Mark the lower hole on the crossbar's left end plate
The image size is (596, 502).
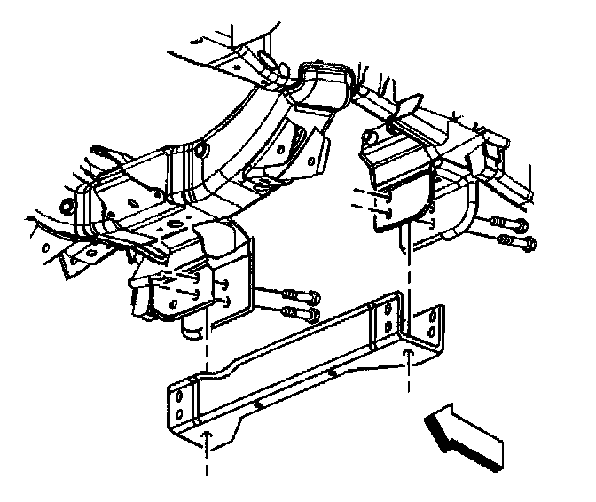(180, 413)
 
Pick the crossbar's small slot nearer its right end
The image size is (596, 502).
(330, 373)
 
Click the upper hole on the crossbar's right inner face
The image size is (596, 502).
(388, 309)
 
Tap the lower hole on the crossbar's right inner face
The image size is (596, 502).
(388, 326)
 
